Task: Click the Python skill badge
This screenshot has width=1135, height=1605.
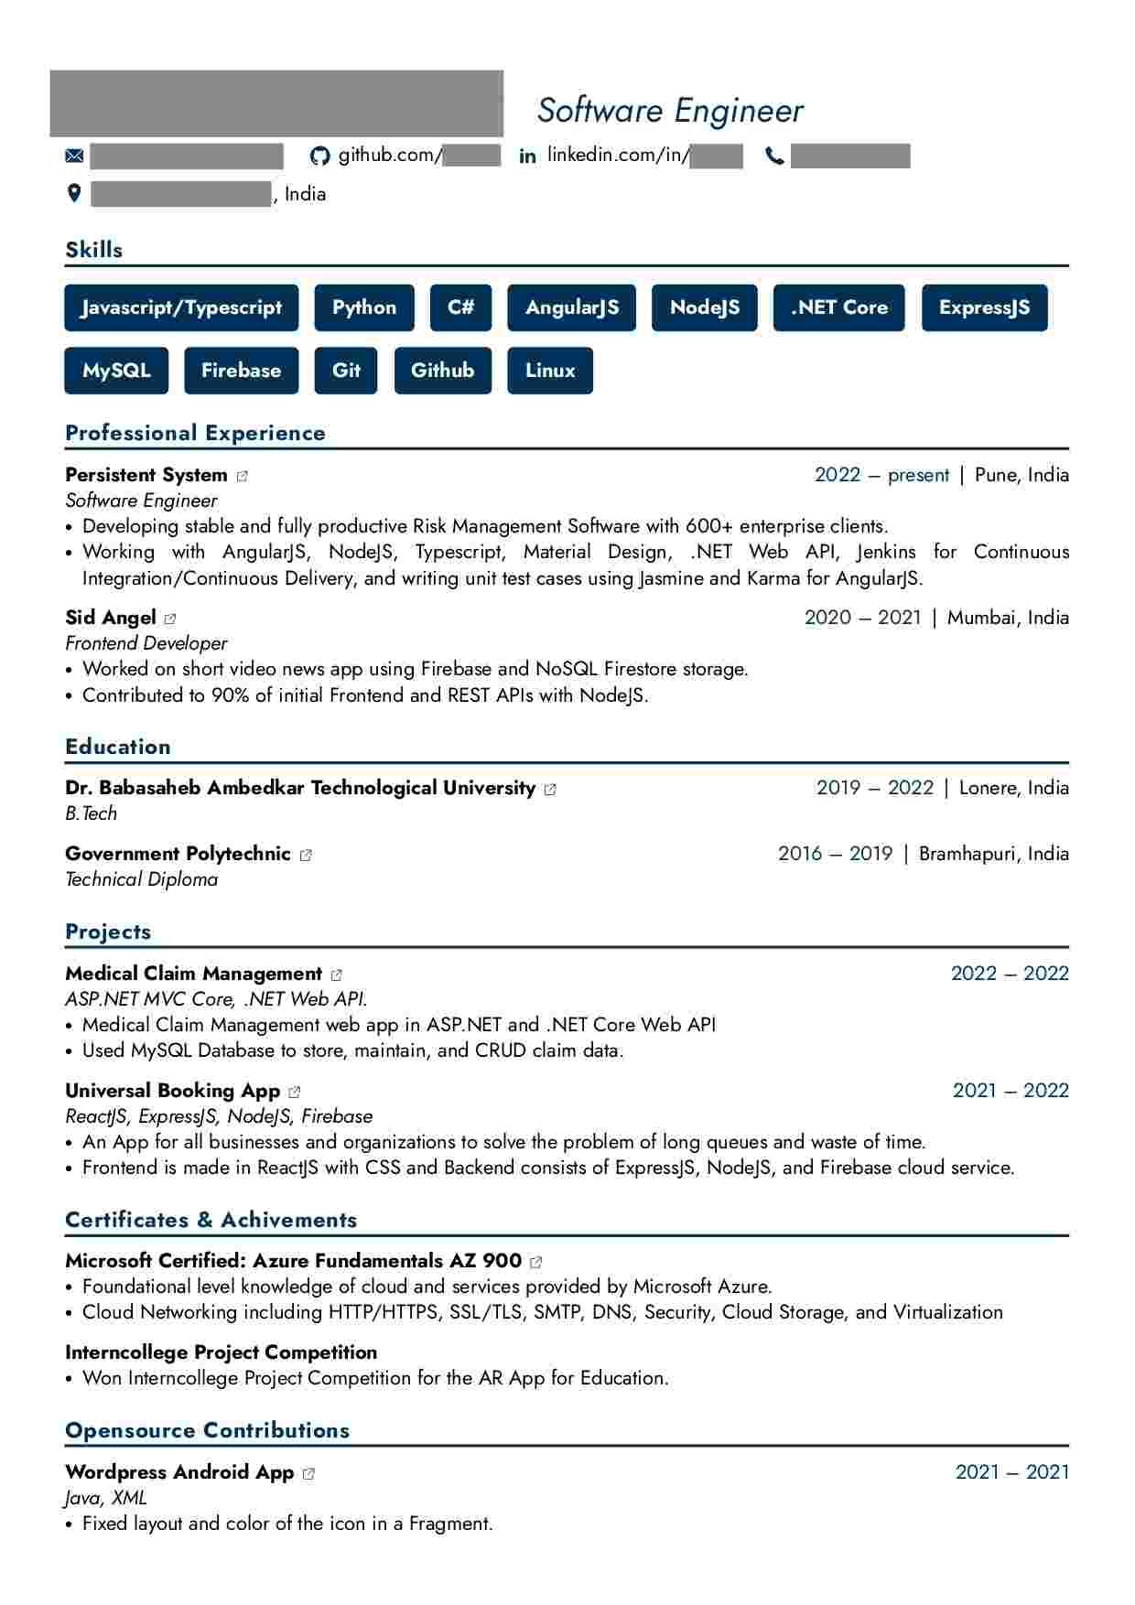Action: click(x=364, y=307)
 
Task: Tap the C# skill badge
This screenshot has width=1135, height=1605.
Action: click(x=460, y=307)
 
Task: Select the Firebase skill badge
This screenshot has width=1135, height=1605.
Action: click(x=241, y=371)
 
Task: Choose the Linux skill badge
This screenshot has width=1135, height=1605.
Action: click(x=550, y=371)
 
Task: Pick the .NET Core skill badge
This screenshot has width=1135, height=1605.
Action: click(x=838, y=307)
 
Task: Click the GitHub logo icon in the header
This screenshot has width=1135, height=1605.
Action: click(x=319, y=156)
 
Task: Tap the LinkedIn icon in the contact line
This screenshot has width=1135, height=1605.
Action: click(x=527, y=156)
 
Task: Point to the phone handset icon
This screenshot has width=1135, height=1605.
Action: click(x=774, y=156)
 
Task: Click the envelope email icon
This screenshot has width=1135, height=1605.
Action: click(x=74, y=156)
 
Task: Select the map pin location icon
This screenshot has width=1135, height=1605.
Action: click(x=74, y=193)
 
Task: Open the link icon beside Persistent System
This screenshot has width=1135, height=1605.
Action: click(x=243, y=476)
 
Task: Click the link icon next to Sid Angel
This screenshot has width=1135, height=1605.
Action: click(x=170, y=619)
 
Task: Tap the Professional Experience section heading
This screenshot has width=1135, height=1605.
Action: click(x=195, y=433)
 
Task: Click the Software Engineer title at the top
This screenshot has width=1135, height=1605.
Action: click(x=670, y=111)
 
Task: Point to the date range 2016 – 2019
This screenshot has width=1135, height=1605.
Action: click(x=835, y=854)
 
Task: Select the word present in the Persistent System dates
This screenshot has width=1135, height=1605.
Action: click(x=918, y=475)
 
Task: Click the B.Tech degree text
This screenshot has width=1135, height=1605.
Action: click(x=92, y=813)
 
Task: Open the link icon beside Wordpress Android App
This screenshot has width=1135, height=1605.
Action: click(x=308, y=1473)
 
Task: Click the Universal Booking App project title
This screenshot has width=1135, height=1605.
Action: click(x=172, y=1091)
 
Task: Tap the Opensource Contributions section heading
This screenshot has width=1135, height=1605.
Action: click(x=208, y=1430)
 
